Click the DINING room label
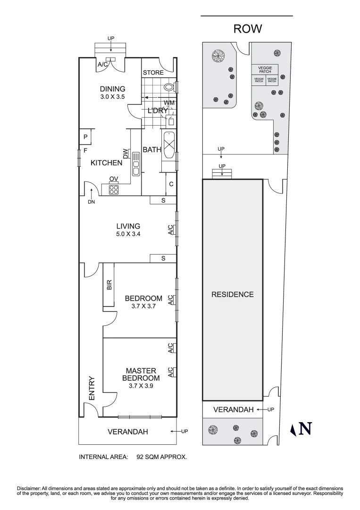(x=112, y=89)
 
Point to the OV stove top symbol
(x=114, y=190)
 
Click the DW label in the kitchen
(x=126, y=153)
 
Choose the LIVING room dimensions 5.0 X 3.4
(x=128, y=234)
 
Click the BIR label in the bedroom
(x=109, y=284)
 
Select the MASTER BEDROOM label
(x=141, y=374)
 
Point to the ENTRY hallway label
(x=92, y=388)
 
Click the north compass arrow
(x=293, y=429)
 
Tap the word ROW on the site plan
(x=248, y=29)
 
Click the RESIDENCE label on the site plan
(x=232, y=294)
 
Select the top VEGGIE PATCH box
(x=265, y=70)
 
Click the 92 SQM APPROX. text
(x=162, y=457)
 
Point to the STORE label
(x=153, y=73)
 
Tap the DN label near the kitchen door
(x=91, y=202)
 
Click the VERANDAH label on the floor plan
(x=127, y=432)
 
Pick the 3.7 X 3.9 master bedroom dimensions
(x=141, y=386)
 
